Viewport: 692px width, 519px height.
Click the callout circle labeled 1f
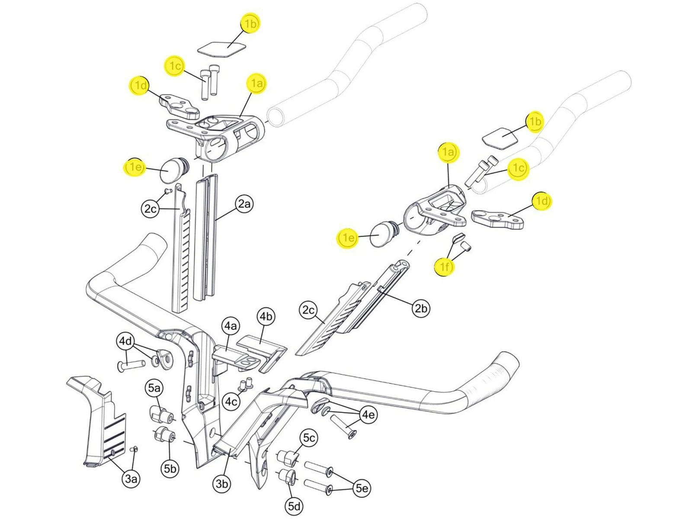coord(445,267)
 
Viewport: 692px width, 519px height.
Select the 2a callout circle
coord(244,203)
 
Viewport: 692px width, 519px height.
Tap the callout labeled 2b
coord(420,308)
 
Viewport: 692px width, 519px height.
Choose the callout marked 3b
coord(222,483)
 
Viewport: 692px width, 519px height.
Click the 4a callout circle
coord(231,326)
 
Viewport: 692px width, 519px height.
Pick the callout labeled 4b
coord(266,317)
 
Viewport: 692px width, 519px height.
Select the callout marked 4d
coord(125,341)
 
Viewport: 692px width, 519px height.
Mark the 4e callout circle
coord(368,415)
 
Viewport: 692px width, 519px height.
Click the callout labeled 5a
coord(154,388)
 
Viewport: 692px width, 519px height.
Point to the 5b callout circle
coord(170,468)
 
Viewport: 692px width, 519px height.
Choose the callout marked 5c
coord(309,438)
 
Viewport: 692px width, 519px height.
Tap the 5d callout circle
coord(295,506)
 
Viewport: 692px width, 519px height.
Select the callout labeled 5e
coord(362,488)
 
